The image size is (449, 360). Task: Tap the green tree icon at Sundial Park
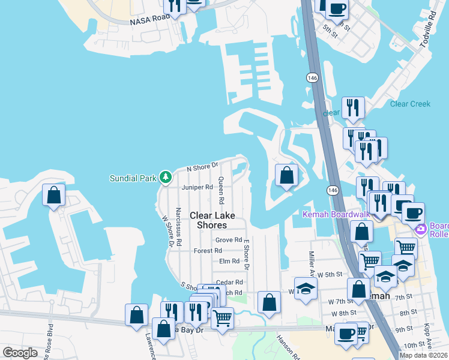click(166, 178)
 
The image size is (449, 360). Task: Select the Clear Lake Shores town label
click(209, 220)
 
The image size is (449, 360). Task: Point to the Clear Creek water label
click(410, 104)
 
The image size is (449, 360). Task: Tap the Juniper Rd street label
click(198, 187)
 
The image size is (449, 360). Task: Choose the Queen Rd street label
click(221, 190)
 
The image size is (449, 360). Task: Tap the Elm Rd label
click(229, 261)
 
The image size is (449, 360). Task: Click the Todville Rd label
click(429, 35)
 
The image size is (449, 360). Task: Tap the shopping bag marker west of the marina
click(54, 195)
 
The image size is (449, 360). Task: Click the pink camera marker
click(420, 229)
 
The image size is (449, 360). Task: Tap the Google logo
click(20, 353)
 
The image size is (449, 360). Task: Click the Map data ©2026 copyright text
click(423, 355)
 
